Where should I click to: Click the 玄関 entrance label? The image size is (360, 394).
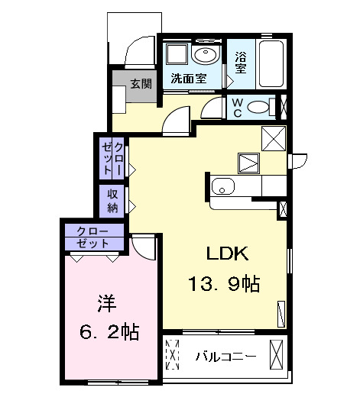coord(140,83)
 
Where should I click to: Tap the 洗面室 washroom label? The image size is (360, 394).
coord(187,78)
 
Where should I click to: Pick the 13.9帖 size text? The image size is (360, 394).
coord(224,285)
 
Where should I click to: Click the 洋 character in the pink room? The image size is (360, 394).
coord(105,303)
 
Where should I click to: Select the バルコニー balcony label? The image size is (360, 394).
coord(225,357)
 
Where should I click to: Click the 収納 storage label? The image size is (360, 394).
coord(112,201)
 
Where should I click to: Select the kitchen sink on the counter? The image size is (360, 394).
coord(222,186)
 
